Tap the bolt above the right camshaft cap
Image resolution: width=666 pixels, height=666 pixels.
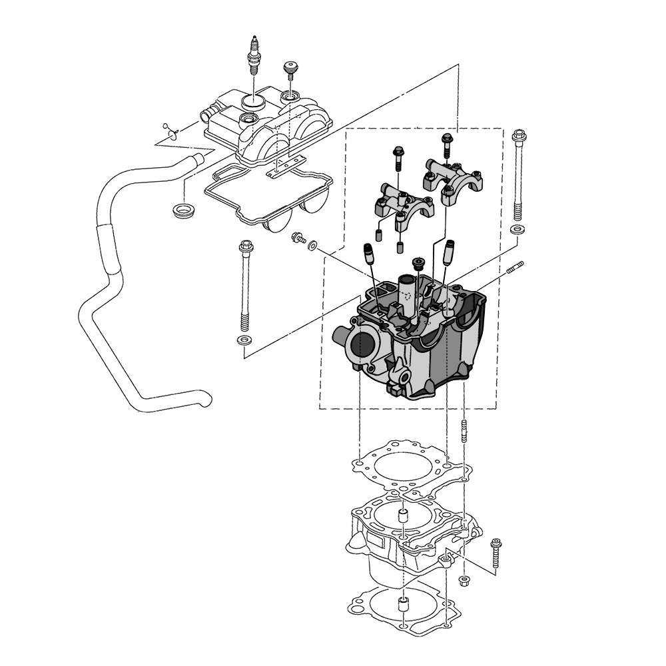click(x=447, y=143)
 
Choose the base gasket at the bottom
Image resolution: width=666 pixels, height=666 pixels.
click(x=400, y=609)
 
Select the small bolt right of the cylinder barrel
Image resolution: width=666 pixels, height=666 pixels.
click(x=495, y=553)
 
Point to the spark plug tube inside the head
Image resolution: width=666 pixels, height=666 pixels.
click(x=407, y=293)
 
